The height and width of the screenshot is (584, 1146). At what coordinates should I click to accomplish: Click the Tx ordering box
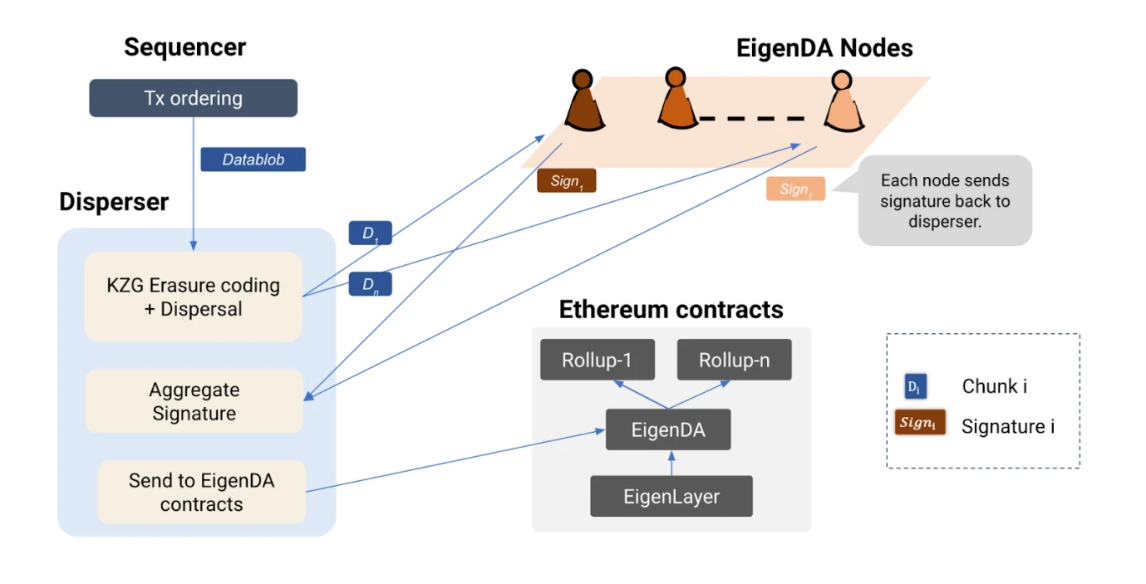tap(193, 98)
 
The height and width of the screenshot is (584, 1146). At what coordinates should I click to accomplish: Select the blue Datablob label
tap(253, 159)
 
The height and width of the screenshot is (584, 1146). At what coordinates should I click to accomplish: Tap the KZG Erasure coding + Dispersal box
tap(193, 297)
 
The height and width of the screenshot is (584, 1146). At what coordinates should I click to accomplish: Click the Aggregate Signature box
tap(194, 401)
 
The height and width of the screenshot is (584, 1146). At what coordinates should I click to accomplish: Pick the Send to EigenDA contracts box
tap(201, 492)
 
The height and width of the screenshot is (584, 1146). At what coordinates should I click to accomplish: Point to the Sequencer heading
tap(184, 47)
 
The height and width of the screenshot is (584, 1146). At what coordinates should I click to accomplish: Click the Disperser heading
tap(114, 202)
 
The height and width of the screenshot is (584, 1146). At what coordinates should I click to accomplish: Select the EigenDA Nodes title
tap(824, 48)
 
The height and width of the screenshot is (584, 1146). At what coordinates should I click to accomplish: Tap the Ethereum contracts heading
tap(671, 310)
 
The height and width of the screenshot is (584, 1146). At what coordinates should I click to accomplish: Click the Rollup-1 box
tap(597, 360)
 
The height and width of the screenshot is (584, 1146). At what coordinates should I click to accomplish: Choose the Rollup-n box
tap(734, 360)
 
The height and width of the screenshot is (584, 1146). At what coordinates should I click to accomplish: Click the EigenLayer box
tap(671, 497)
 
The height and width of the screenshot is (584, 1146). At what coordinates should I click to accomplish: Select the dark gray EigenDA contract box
tap(667, 429)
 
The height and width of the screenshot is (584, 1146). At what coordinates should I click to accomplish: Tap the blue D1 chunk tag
tap(370, 233)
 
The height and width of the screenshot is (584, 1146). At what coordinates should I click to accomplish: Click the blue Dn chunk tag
tap(370, 285)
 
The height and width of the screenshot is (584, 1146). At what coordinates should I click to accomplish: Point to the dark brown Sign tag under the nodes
tap(566, 181)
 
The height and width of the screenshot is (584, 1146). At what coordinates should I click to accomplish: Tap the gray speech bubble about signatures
tap(945, 200)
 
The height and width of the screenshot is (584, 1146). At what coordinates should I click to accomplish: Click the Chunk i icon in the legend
tap(915, 387)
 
